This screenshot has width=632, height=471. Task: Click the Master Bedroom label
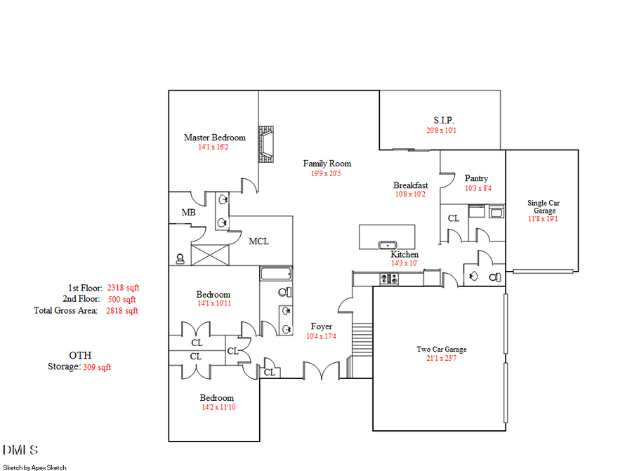coord(214,138)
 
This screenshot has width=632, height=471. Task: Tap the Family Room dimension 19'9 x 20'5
coord(327,173)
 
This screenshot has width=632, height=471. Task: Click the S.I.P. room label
coord(443,120)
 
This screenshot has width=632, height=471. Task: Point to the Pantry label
coord(476,178)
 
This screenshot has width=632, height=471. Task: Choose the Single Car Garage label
coord(544,207)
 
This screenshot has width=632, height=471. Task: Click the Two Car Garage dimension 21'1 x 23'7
coord(441,359)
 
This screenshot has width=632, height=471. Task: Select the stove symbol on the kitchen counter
coord(389,279)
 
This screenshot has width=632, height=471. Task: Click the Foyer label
coord(322,326)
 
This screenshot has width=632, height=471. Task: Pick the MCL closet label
coord(258,241)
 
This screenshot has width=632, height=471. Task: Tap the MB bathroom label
coord(188,212)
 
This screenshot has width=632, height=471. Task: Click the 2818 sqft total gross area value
coord(122,310)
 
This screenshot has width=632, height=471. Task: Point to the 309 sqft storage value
coord(97,367)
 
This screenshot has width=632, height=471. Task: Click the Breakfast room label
coord(410,185)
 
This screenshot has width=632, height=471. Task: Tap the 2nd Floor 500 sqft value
coord(122,299)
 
